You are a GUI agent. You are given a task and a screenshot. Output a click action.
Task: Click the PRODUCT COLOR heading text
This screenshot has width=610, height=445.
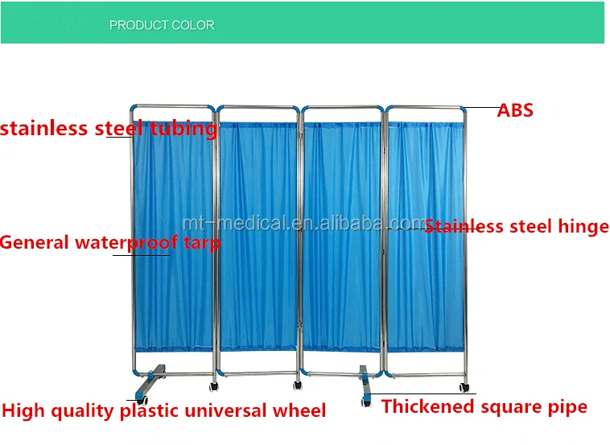click(162, 25)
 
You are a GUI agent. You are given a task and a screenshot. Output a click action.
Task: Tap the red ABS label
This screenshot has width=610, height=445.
click(515, 110)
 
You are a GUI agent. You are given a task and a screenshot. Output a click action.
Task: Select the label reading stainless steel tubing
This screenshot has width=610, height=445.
click(109, 129)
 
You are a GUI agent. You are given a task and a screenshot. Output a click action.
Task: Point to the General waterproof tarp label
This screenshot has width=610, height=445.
click(110, 242)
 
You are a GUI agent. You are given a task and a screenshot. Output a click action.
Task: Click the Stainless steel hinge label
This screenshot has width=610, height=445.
click(517, 227)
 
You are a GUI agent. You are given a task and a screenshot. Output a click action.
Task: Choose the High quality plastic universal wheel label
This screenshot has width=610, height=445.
click(164, 411)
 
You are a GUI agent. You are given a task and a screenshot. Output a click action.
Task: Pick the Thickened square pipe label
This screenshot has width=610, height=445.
click(484, 407)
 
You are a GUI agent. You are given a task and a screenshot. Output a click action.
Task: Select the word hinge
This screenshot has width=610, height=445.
click(582, 227)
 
